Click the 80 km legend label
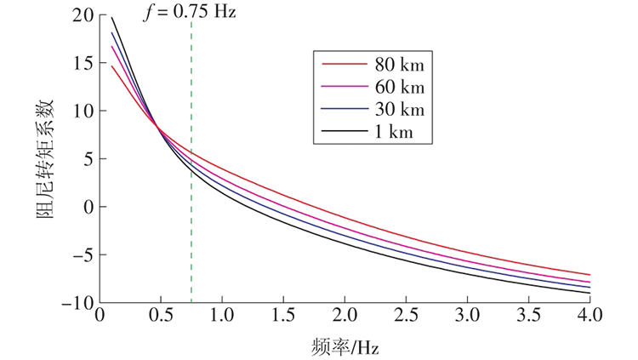pyautogui.click(x=399, y=65)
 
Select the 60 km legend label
pyautogui.click(x=399, y=87)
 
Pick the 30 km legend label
pyautogui.click(x=399, y=109)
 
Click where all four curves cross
pyautogui.click(x=157, y=126)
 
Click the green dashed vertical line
pyautogui.click(x=191, y=238)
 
